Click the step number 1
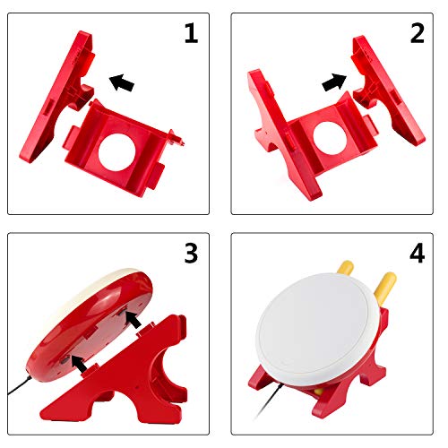click(x=191, y=33)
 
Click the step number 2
click(x=418, y=33)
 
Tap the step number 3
click(x=191, y=253)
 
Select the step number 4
click(x=418, y=253)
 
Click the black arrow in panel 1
click(x=122, y=82)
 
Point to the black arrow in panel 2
click(x=334, y=82)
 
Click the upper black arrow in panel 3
click(x=133, y=319)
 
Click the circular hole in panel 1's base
click(x=116, y=152)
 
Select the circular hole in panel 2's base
click(x=330, y=138)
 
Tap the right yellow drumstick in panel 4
click(x=384, y=288)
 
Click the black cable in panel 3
click(x=19, y=385)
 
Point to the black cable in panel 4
click(x=269, y=401)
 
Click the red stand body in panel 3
click(x=125, y=376)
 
